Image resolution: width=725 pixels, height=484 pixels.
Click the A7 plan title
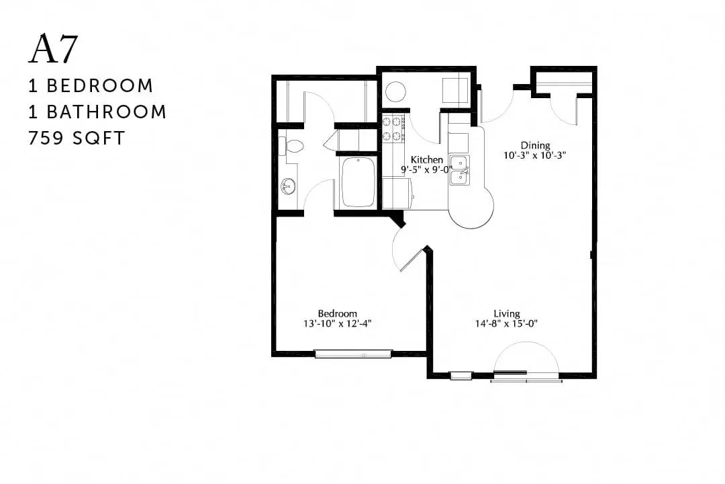pos(53,49)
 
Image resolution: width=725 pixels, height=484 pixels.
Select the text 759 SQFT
pos(77,138)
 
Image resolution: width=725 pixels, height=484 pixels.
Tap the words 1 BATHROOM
pos(97,112)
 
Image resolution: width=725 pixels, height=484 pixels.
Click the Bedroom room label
pos(337,313)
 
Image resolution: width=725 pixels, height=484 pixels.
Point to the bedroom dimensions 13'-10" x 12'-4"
pos(337,324)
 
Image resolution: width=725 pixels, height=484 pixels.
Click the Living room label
pos(506,313)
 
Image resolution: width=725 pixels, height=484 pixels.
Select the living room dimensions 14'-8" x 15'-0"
pos(506,324)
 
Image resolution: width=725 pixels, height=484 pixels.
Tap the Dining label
pos(535,145)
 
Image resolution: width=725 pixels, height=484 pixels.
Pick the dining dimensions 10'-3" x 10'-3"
pos(535,156)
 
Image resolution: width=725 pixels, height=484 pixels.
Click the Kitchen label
pos(427,160)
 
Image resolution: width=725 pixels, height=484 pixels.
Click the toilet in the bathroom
pos(291,147)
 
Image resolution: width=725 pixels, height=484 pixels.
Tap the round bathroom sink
pos(288,186)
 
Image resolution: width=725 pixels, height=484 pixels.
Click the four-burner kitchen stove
pos(393,129)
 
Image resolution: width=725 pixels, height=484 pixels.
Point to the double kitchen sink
pos(460,171)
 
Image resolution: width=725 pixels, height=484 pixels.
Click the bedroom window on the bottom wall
pos(353,354)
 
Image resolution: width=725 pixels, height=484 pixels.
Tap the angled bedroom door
pos(413,259)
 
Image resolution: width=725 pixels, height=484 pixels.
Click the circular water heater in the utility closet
pos(395,91)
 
